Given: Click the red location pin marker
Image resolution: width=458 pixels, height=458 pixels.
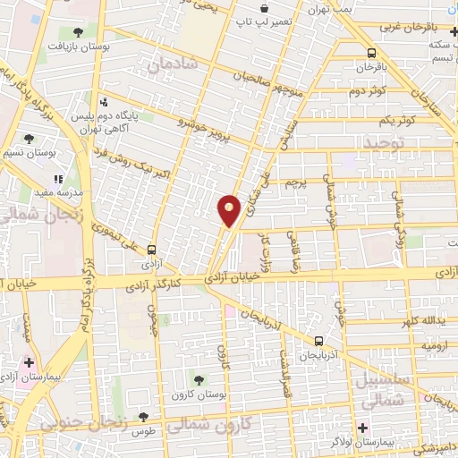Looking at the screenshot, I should pos(229,209).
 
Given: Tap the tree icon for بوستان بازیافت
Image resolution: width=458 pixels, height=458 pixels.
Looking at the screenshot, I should pos(79,32).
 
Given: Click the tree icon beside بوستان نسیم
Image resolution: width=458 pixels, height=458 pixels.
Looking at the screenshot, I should pos(29,139).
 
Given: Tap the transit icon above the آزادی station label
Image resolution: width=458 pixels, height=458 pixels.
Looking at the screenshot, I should pos(152,250).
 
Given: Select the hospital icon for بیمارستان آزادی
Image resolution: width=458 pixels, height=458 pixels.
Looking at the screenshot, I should pos(29,363).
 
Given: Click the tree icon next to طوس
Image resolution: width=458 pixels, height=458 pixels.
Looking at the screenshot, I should pos(142,416).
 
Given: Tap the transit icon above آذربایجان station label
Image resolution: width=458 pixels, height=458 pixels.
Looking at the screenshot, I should pos(318,340).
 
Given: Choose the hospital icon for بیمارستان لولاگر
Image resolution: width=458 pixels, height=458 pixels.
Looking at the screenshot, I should pos(362,427).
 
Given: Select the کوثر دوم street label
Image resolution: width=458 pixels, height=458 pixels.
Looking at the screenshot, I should pos(367,91).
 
